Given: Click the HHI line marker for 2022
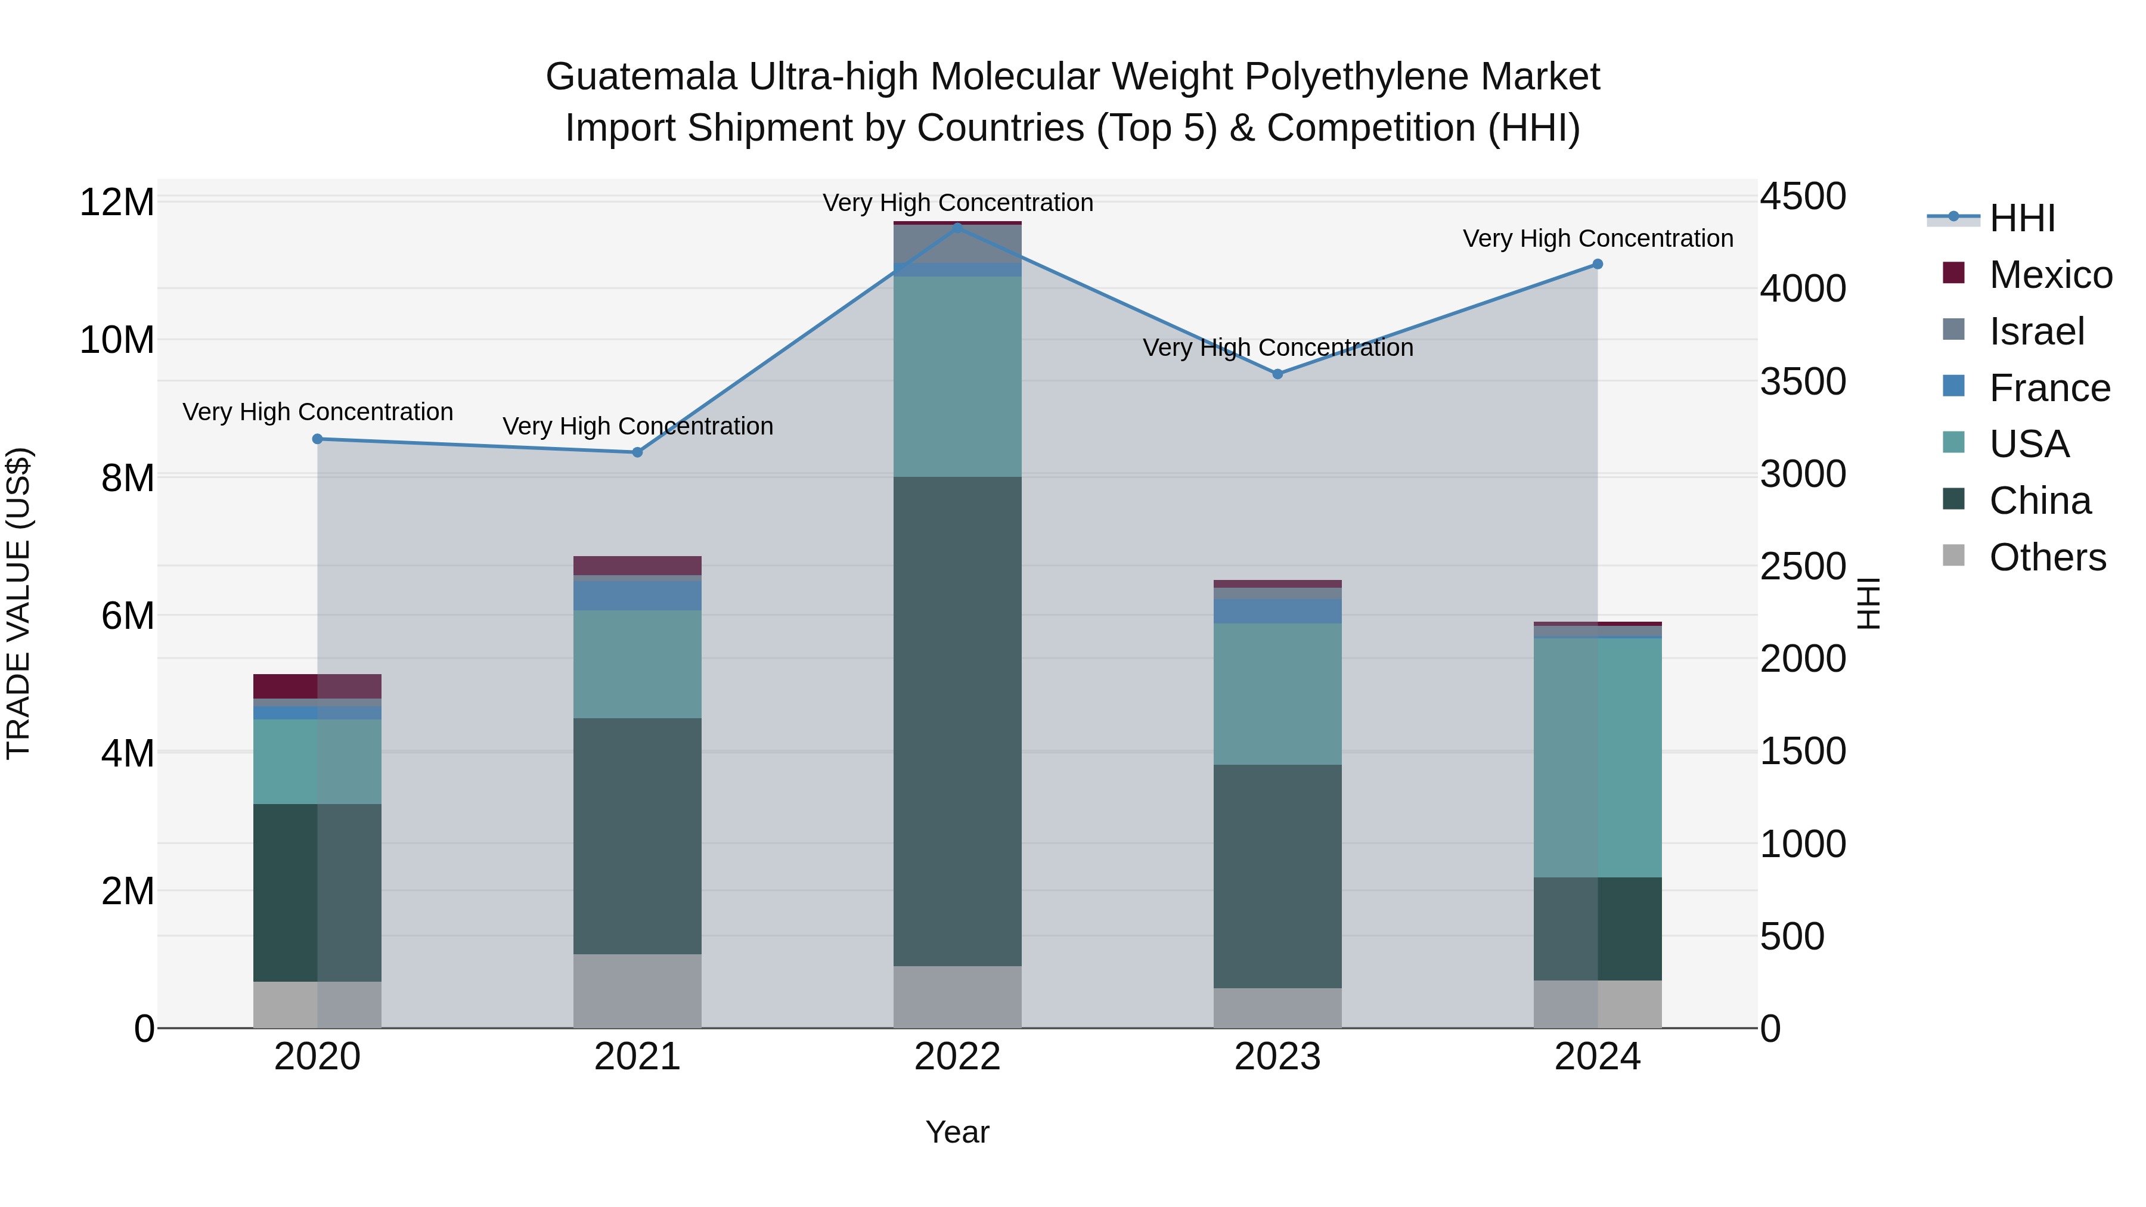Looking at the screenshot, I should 957,228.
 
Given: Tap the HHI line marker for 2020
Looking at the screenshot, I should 317,439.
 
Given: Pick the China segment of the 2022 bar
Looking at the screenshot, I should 957,721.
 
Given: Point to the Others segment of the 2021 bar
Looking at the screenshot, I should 637,991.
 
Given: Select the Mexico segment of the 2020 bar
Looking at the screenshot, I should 317,687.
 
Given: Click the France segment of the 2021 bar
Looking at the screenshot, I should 637,595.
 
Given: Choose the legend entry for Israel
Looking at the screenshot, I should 2036,331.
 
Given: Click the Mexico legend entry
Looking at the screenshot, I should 2050,275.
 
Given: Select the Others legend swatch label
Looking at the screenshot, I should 2047,557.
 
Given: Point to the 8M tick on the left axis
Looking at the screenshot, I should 128,478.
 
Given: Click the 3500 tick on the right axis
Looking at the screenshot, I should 1803,382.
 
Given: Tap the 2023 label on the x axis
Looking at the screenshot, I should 1277,1057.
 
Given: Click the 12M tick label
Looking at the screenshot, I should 117,203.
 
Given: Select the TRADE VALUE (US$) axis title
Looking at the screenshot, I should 19,603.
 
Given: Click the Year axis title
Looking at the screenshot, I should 957,1132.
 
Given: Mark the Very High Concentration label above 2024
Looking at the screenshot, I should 1597,239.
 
